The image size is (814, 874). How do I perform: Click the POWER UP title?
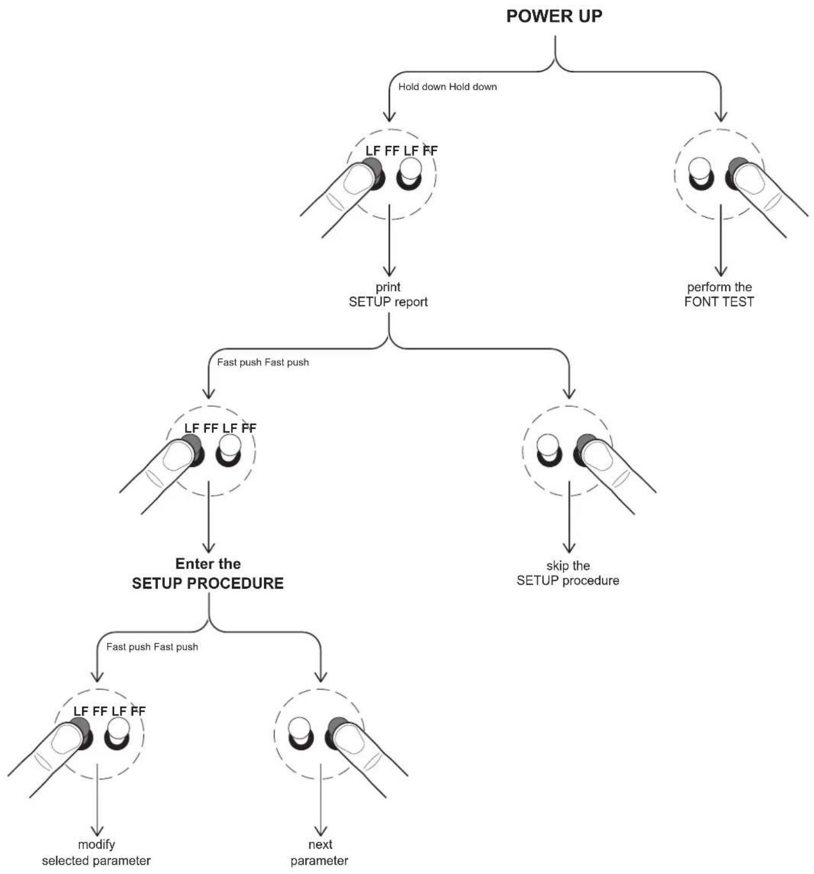click(x=554, y=16)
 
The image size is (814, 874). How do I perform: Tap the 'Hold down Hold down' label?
click(x=447, y=87)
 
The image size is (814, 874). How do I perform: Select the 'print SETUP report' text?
click(x=388, y=294)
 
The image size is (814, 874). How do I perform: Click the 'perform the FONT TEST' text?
click(x=719, y=294)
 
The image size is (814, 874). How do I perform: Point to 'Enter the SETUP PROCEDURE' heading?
click(x=208, y=573)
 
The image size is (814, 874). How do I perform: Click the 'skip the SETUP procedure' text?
click(x=568, y=573)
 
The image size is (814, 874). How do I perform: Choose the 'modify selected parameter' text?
click(x=96, y=852)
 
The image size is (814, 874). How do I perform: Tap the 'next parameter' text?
click(x=320, y=852)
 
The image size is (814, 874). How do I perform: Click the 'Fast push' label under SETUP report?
click(x=263, y=362)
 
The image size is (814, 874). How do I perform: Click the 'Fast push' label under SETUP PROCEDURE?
click(x=152, y=646)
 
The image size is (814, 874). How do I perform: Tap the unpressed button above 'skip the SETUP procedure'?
click(x=549, y=450)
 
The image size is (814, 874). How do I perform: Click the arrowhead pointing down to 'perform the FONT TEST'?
click(x=721, y=272)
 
